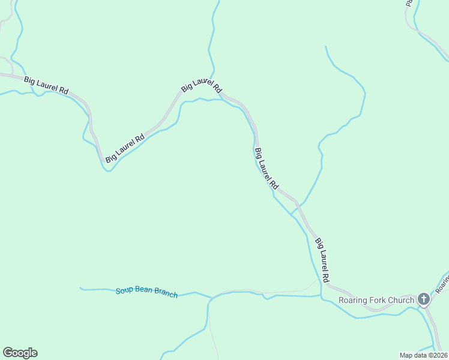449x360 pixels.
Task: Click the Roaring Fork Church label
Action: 376,300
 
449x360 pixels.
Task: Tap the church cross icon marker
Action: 424,299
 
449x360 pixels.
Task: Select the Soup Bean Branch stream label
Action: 146,292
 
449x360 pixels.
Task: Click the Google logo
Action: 20,353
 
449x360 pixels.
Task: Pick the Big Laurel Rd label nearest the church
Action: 322,260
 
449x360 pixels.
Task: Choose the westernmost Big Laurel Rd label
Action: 46,85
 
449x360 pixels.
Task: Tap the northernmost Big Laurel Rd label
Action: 202,86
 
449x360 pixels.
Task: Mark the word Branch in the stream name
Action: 166,293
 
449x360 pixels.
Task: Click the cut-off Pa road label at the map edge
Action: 408,3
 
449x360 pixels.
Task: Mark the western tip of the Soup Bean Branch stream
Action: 80,287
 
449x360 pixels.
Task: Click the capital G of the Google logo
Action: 8,353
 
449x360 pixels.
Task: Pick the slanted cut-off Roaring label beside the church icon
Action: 442,281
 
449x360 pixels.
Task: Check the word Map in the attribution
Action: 406,355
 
